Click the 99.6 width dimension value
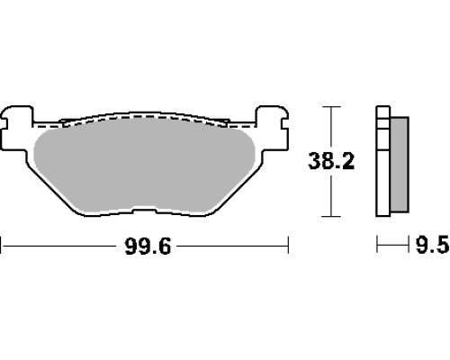(148, 247)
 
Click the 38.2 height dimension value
(331, 161)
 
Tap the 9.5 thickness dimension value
(432, 245)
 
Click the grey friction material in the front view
(144, 165)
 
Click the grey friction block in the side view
(400, 165)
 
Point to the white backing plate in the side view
(383, 161)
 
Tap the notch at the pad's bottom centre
(144, 211)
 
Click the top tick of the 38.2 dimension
(331, 106)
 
